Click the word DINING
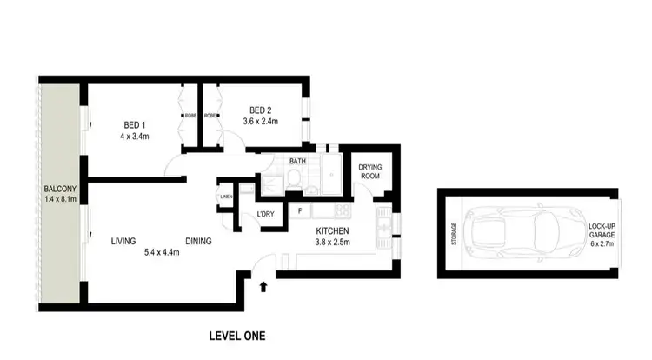198,242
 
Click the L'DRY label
266,214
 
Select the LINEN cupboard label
227,197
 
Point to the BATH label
297,160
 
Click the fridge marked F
300,210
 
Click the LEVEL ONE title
237,335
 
